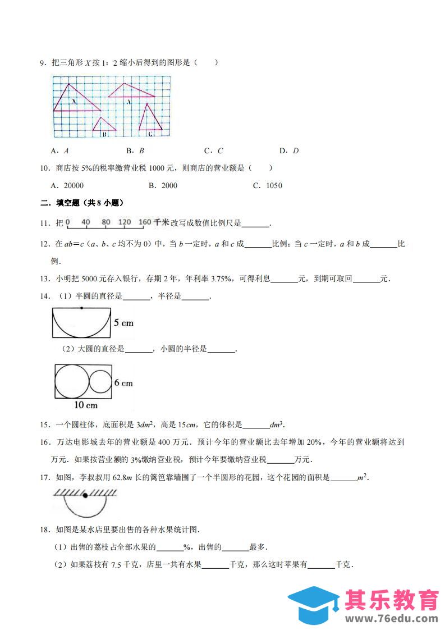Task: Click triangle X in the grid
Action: coord(73,100)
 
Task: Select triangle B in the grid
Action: coord(103,126)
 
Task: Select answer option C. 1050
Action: coord(267,186)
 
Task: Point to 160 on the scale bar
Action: coord(145,222)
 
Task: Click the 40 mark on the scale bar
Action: coord(86,222)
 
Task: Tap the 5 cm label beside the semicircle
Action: coord(123,323)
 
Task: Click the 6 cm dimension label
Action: coord(123,383)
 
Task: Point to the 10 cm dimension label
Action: coord(85,405)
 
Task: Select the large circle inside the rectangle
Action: coord(72,380)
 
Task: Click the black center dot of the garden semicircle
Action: coord(85,496)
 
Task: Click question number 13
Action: coord(45,279)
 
